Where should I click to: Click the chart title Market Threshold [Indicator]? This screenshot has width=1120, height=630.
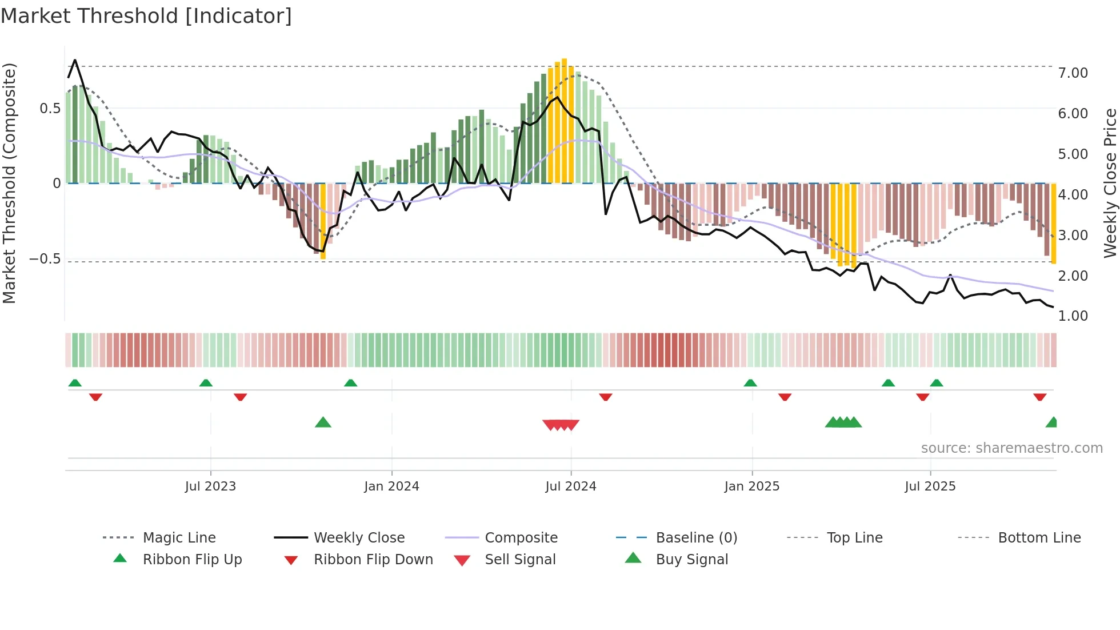146,16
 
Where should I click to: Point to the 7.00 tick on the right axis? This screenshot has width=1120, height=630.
1073,73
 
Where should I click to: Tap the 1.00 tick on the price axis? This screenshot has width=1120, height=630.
1073,316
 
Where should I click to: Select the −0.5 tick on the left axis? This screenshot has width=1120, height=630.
45,259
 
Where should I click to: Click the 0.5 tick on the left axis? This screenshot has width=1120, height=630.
50,109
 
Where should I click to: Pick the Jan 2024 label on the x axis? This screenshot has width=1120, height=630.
391,487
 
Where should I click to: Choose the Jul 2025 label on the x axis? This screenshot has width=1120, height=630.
930,487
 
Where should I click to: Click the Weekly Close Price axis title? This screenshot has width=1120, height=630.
1110,183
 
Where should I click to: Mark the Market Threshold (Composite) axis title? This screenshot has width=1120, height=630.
9,183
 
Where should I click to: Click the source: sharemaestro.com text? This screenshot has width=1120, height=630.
1011,448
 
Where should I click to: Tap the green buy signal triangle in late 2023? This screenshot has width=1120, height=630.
323,423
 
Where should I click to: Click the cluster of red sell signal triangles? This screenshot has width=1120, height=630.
561,425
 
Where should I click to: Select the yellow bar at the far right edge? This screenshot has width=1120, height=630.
1053,223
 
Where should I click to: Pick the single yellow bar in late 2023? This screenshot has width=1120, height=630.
323,221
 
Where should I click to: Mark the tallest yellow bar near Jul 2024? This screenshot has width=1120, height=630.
564,120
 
